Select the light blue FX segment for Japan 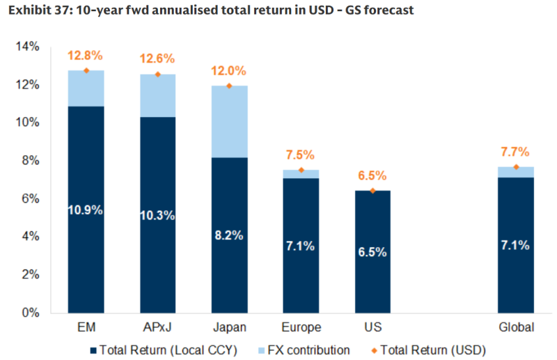229,122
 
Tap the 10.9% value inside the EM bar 86,210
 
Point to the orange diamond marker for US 372,191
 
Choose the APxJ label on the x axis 157,327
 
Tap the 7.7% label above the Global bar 516,151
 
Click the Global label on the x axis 516,327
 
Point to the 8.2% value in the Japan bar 229,235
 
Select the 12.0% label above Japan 229,70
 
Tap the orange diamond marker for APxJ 157,75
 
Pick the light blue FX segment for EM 86,88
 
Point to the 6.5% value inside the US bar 372,252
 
